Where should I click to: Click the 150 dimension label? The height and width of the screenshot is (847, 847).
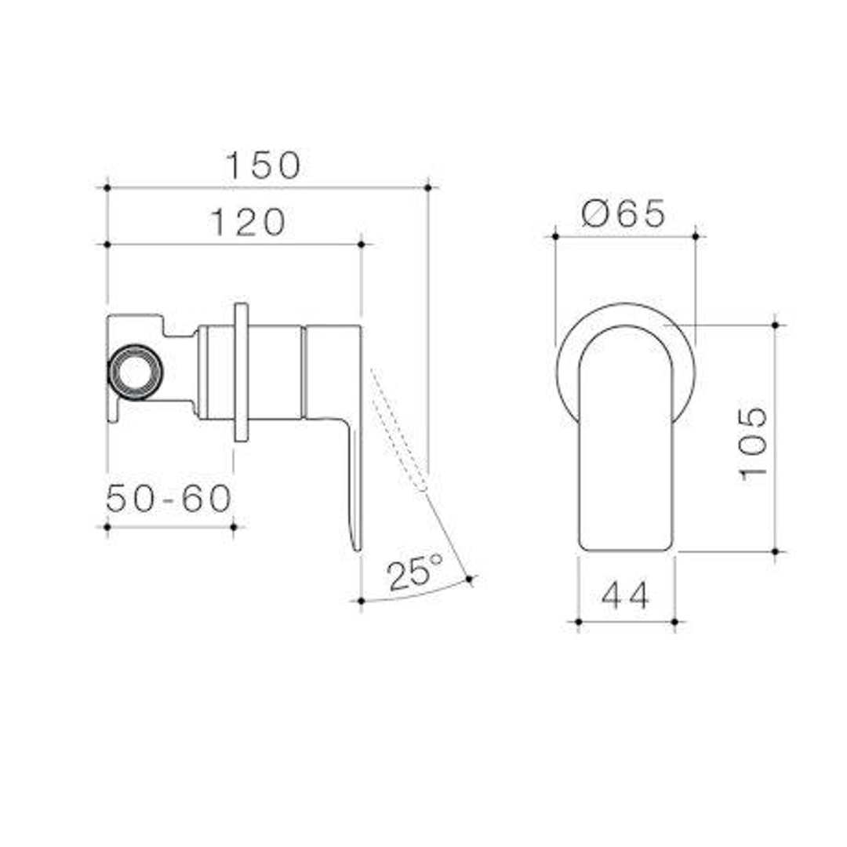click(264, 166)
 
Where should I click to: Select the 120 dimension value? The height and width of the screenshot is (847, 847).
click(248, 224)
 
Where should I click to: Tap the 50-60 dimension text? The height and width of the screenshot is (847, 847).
click(169, 499)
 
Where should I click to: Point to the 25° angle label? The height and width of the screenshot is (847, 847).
click(415, 573)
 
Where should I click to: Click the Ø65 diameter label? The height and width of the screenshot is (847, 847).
click(623, 213)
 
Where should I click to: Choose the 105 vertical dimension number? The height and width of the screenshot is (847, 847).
click(753, 442)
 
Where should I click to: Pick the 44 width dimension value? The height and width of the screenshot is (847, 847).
click(625, 597)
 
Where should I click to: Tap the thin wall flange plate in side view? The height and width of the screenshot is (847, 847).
click(241, 372)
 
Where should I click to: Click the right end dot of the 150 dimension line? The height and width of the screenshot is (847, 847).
click(427, 187)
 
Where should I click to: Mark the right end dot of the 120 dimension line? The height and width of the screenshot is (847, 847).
click(362, 245)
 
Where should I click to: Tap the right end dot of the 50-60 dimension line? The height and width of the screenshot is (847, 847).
click(234, 527)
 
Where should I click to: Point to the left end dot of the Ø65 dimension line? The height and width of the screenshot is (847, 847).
click(554, 235)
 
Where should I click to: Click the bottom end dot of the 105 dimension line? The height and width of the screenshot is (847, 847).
click(775, 551)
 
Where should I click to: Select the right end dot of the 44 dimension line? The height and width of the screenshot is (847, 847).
click(674, 622)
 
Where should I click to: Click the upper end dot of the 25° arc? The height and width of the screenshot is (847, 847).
click(469, 580)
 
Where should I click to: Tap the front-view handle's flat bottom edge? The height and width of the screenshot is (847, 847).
click(625, 549)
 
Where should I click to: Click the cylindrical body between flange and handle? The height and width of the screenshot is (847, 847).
click(274, 372)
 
